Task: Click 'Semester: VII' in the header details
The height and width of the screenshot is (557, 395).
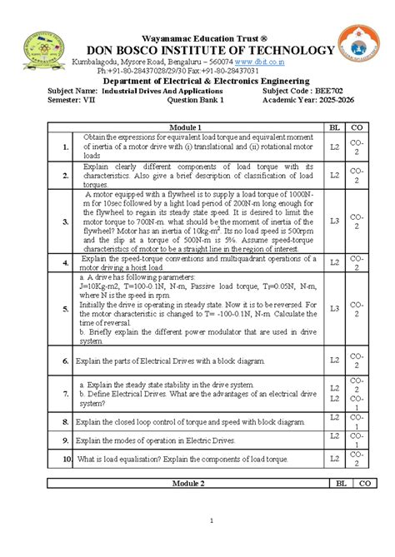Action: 75,99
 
